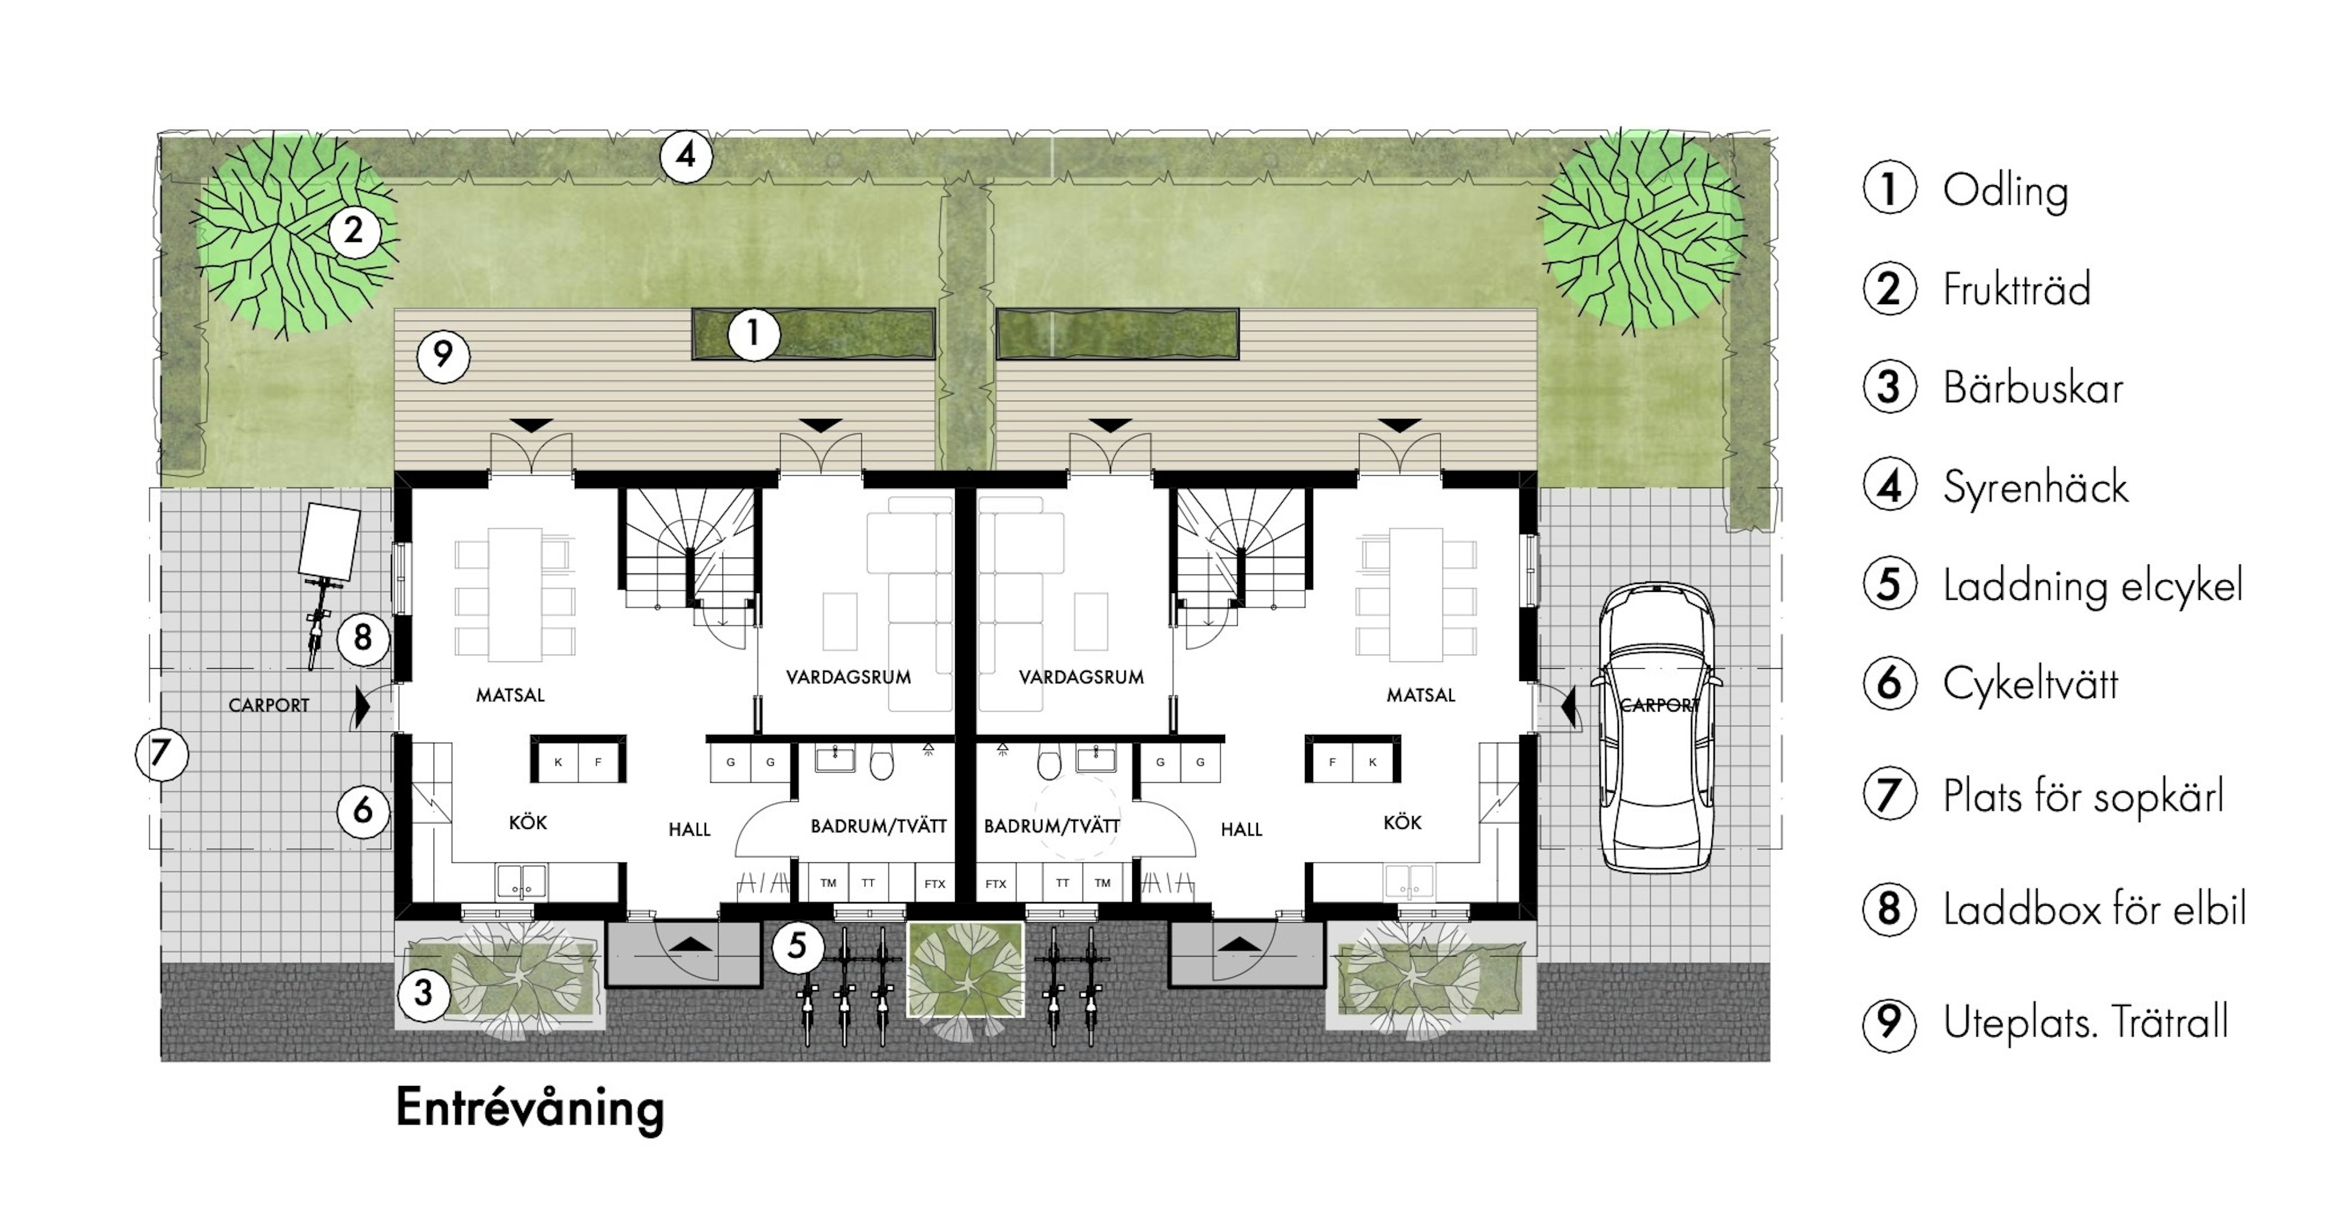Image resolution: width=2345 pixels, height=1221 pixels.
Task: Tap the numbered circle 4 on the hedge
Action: pos(685,156)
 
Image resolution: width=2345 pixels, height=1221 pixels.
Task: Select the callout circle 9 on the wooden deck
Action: pos(443,355)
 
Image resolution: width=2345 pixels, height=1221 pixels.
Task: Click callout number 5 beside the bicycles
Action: pos(798,946)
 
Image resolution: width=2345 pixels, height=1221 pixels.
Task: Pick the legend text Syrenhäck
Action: pos(2035,487)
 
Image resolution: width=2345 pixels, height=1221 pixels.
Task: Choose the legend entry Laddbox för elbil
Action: pos(2095,909)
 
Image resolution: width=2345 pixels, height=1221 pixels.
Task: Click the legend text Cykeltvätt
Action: pos(2030,683)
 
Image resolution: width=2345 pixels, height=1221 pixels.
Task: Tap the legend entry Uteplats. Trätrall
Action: pos(2085,1022)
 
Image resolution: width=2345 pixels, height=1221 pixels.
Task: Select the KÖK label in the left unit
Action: pos(528,822)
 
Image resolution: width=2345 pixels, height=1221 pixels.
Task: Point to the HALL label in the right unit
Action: pos(1241,829)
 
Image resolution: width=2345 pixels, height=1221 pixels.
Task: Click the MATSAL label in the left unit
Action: pos(510,694)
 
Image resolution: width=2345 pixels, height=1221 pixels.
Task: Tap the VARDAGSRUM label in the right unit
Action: pos(1082,677)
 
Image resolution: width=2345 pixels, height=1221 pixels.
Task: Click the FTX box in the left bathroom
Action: pos(934,883)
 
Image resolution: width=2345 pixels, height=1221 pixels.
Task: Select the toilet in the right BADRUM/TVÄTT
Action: pos(1049,763)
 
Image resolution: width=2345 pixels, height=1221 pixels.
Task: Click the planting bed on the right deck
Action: pos(1117,334)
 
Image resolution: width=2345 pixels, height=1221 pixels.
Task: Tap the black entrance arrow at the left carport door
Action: pos(362,707)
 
